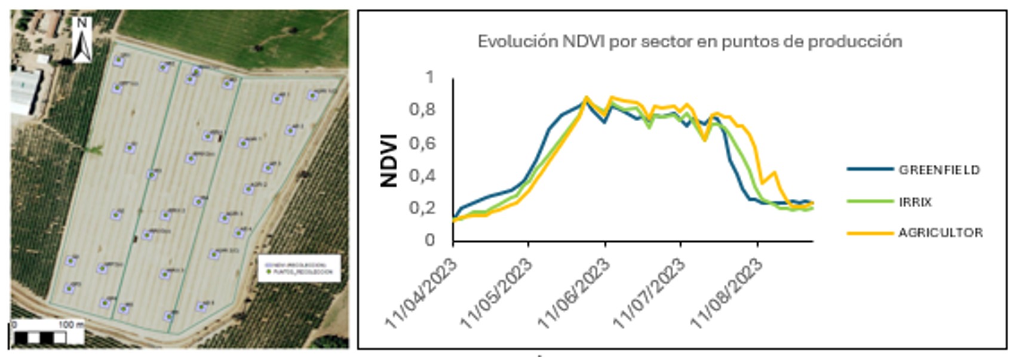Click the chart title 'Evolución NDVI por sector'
coord(689,42)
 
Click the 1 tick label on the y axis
coord(429,78)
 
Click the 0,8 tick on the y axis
coord(422,110)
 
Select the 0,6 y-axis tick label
coord(422,143)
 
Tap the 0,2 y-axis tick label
coord(422,208)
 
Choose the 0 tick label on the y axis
coord(430,240)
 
